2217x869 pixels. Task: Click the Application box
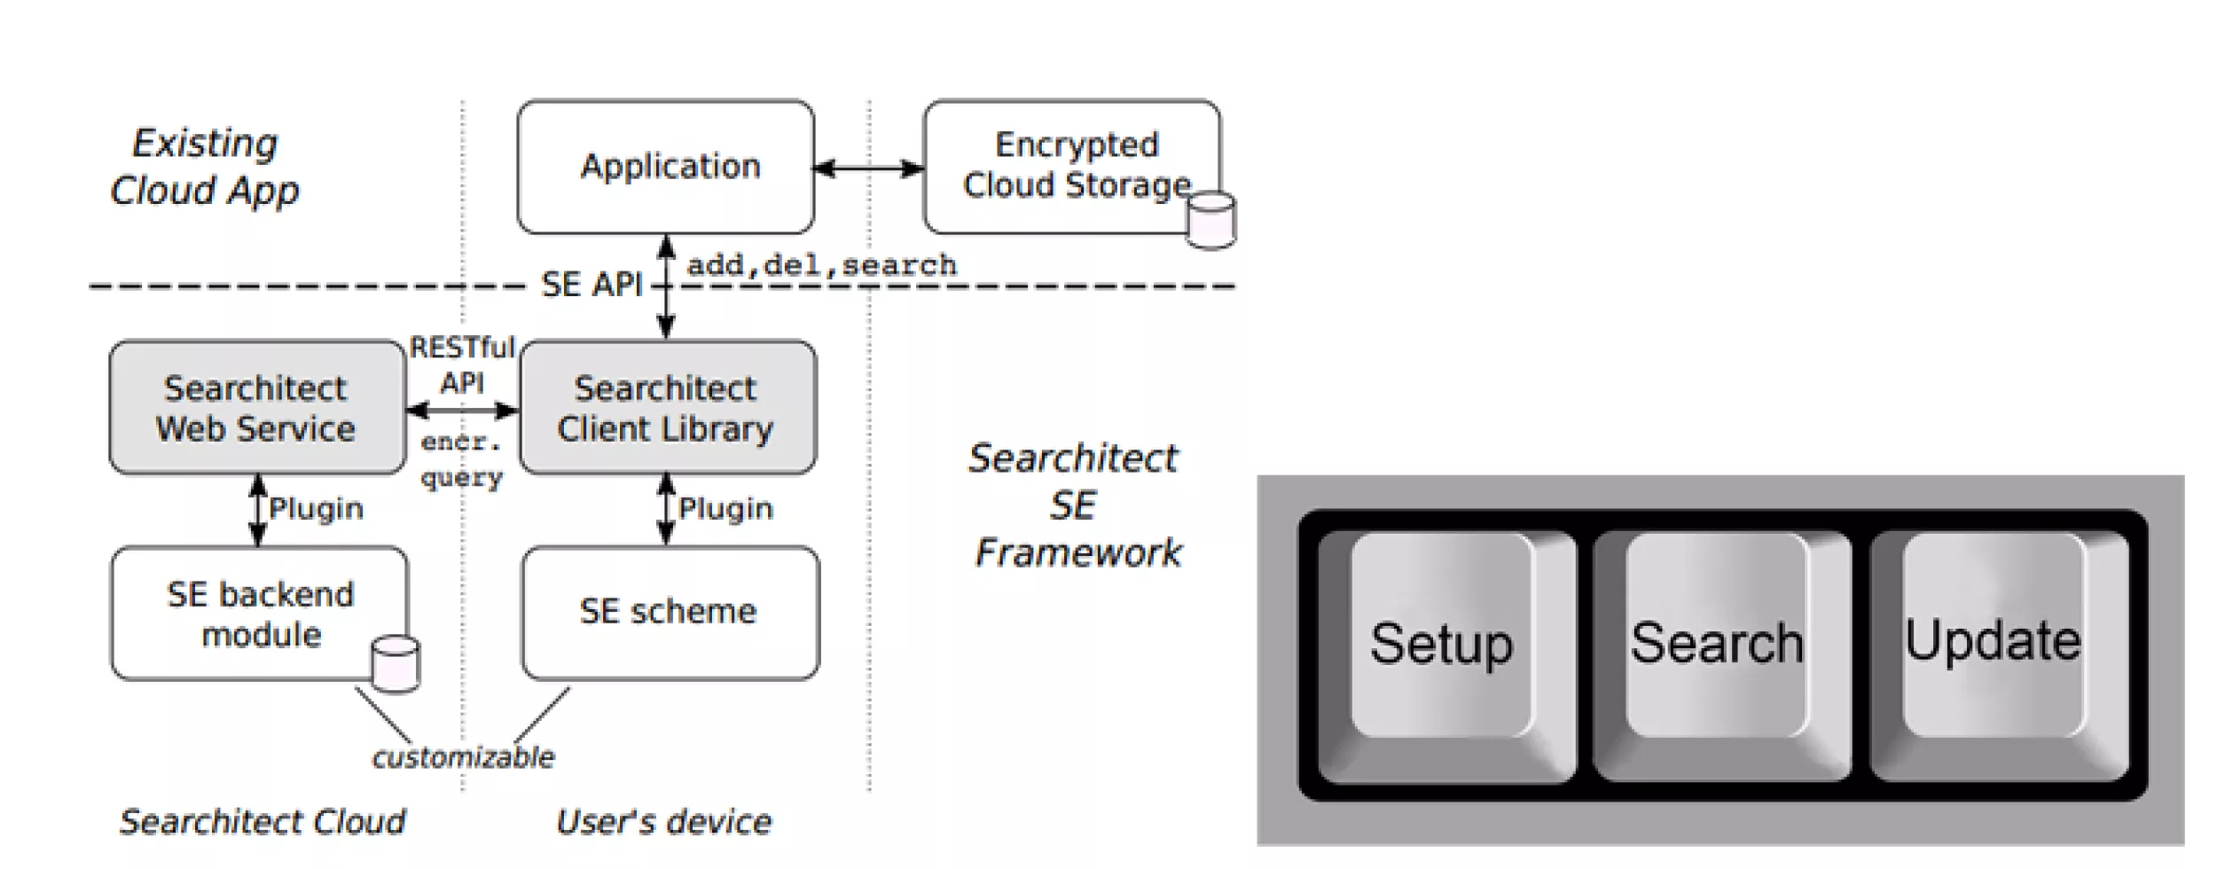coord(666,167)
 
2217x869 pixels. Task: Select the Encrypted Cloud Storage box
coord(1071,166)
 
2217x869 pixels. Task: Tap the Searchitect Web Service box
coord(257,408)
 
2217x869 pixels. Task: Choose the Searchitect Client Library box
coord(667,408)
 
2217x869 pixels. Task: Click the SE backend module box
coord(259,614)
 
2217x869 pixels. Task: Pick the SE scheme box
coord(670,612)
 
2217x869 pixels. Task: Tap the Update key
coord(1993,640)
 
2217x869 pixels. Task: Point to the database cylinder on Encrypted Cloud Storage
coord(1211,220)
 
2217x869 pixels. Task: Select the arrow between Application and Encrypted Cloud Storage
coord(869,168)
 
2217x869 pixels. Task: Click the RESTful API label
coord(462,364)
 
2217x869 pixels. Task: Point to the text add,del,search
coord(822,265)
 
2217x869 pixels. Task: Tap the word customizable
coord(463,757)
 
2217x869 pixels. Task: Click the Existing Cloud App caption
coord(205,167)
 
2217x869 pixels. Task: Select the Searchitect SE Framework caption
coord(1075,505)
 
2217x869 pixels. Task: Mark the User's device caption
coord(663,822)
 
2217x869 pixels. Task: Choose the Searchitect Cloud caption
coord(262,822)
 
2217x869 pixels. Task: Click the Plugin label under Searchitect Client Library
coord(725,509)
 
